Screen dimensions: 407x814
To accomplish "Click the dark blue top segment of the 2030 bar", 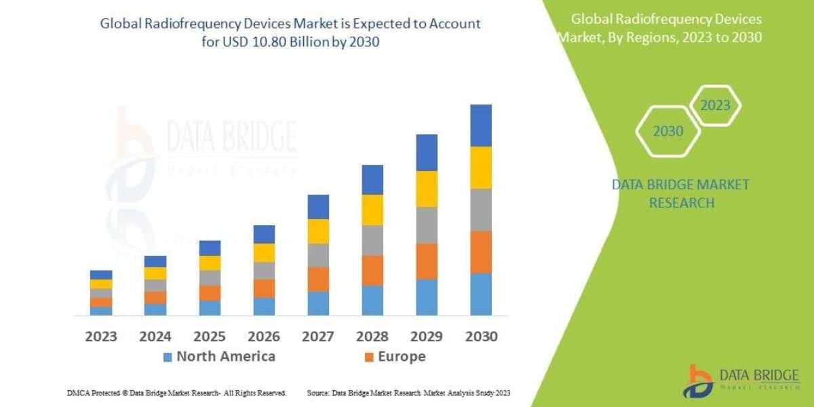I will click(480, 125).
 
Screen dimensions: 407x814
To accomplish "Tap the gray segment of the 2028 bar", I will click(372, 240).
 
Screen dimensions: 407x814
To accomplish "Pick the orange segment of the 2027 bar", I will click(318, 279).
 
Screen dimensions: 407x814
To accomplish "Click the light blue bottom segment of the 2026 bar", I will click(264, 306).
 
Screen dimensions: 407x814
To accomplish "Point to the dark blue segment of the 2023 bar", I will click(101, 275).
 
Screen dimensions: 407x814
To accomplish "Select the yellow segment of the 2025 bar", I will click(210, 263).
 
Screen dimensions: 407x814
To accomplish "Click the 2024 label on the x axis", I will click(155, 336).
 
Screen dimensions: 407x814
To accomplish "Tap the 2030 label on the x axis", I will click(480, 336).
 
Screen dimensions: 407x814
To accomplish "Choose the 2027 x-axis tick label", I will click(318, 336).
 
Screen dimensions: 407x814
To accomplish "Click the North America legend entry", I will click(218, 357).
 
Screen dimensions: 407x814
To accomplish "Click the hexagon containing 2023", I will click(715, 106).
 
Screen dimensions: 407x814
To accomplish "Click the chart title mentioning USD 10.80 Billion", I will click(290, 32).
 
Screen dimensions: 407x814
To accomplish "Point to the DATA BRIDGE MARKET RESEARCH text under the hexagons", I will click(681, 193).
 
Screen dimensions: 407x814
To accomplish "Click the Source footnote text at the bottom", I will click(408, 393).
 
